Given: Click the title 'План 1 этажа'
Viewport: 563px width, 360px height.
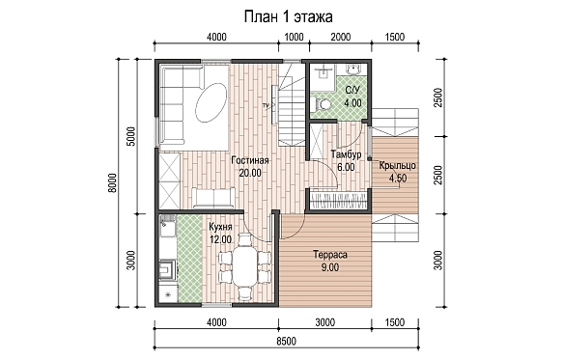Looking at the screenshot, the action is tap(289, 16).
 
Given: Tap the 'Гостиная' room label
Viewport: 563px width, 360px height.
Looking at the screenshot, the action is tap(250, 160).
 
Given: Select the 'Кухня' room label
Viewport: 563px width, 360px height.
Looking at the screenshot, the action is tap(220, 227).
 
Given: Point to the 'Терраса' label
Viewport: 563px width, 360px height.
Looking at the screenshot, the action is tap(330, 255).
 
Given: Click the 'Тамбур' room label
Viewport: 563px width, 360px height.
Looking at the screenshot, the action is tap(346, 154).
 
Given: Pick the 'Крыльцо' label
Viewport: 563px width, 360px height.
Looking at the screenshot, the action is tap(398, 166).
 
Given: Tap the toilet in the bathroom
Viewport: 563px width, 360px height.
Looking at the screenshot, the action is tap(322, 104).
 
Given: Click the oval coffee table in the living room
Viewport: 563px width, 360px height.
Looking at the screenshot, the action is tap(211, 102).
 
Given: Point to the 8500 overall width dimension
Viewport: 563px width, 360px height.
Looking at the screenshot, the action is tap(287, 341).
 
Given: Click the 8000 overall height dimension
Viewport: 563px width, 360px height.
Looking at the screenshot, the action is tap(112, 183).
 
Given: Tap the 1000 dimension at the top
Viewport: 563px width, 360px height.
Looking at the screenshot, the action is tap(294, 37).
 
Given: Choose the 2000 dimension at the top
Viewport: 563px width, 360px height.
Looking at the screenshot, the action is tap(340, 37).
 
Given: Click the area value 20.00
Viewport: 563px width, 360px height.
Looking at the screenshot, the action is tap(250, 173).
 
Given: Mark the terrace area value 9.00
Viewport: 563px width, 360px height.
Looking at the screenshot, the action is tap(330, 267).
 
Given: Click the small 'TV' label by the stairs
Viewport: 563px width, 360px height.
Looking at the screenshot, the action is tap(266, 105).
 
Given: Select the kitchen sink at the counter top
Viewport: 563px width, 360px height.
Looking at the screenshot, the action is tap(167, 226).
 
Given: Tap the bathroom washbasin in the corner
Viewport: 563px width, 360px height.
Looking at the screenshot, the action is tap(354, 69).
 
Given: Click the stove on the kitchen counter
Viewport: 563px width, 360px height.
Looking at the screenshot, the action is tap(168, 269).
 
